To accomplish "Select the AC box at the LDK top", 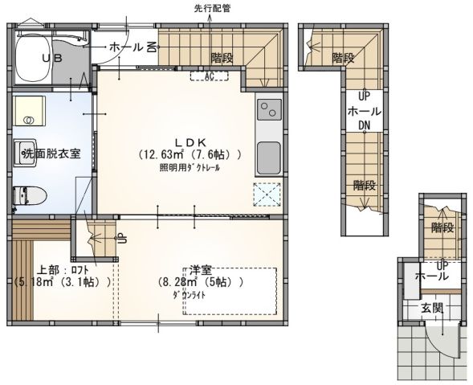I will [209, 77].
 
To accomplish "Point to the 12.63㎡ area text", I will [164, 154].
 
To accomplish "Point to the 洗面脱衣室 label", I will [51, 154].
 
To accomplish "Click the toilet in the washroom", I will [31, 196].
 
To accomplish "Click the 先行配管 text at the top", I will [211, 8].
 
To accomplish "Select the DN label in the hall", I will [364, 125].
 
